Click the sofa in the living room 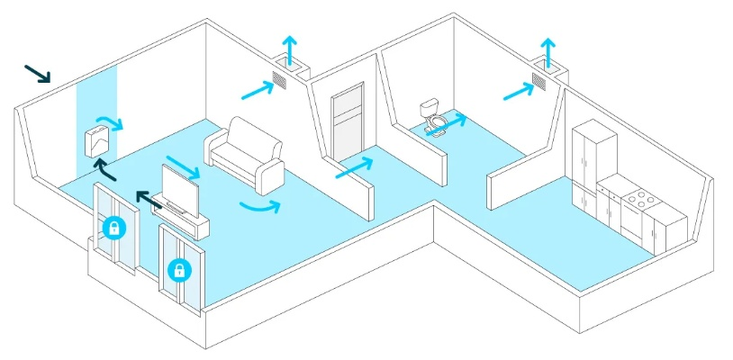tap(244, 154)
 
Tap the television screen tap(179, 188)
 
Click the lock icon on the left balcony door tap(113, 227)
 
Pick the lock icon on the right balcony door tap(179, 268)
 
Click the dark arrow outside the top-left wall tap(37, 73)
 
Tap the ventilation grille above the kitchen tap(538, 82)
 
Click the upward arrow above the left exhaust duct tap(289, 46)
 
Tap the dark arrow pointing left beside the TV tap(146, 197)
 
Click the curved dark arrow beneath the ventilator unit tap(105, 169)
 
